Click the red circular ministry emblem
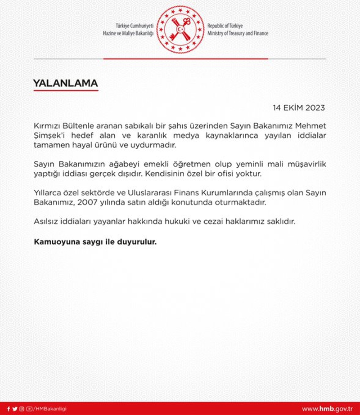point(180,29)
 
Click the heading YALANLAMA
point(65,84)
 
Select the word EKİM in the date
point(292,108)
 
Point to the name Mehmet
point(310,125)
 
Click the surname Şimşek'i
point(51,135)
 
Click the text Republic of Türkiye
point(225,26)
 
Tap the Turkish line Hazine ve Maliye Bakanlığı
point(128,34)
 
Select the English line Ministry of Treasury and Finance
point(238,34)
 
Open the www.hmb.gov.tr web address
point(327,409)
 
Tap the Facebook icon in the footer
point(8,409)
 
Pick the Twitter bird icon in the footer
point(15,409)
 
